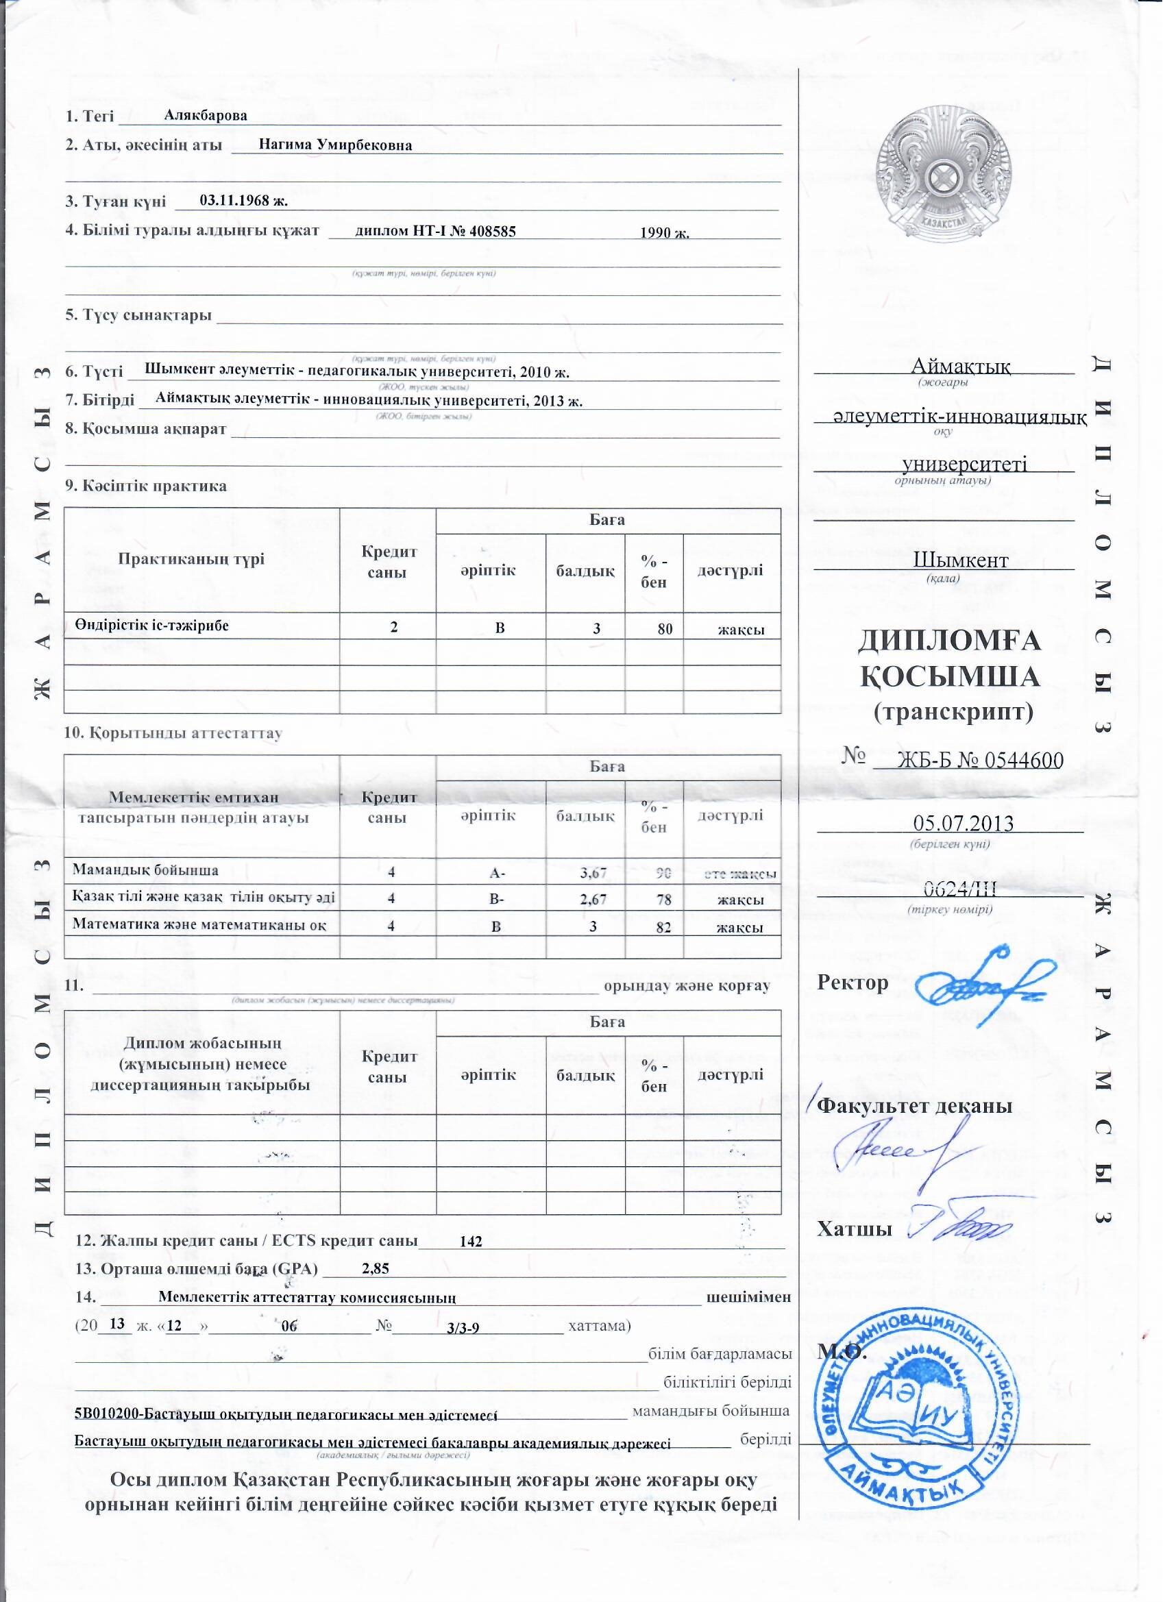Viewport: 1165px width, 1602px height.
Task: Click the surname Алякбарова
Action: (x=205, y=115)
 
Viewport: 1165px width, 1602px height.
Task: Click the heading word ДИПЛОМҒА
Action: (x=951, y=641)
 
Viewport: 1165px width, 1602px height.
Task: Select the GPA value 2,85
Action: (x=375, y=1268)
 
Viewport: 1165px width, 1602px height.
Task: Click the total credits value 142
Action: (x=471, y=1241)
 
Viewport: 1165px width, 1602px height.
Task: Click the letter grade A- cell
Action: (x=498, y=873)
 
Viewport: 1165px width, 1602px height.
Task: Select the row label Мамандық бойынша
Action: (x=145, y=870)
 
